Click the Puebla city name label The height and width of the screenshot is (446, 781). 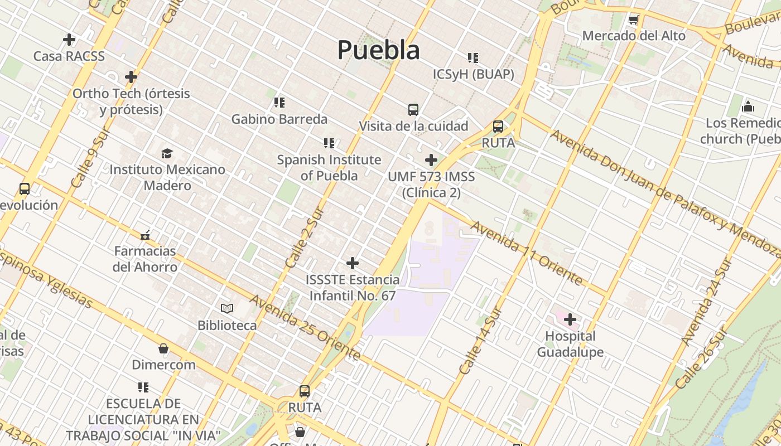click(x=378, y=50)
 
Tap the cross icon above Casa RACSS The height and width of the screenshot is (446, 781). click(x=69, y=40)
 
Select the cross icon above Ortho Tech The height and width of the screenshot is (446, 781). click(x=131, y=76)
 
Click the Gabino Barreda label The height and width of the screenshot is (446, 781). click(x=279, y=119)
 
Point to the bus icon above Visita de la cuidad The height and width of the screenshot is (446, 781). click(x=413, y=110)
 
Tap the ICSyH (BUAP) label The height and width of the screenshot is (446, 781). click(x=473, y=74)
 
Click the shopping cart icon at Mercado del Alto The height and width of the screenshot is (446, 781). click(x=633, y=20)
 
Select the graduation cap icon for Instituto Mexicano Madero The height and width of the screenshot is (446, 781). click(x=167, y=153)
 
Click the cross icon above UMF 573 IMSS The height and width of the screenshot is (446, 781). click(x=431, y=161)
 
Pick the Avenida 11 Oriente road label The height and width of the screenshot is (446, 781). click(x=527, y=253)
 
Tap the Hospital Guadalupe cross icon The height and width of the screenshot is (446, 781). click(x=570, y=320)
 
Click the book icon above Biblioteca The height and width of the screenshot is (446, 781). click(x=226, y=308)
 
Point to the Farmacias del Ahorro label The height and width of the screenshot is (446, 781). click(x=145, y=259)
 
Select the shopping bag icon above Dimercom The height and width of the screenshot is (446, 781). click(x=163, y=349)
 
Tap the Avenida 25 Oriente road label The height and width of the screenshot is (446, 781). click(x=305, y=327)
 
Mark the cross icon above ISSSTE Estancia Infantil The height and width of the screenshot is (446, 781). click(x=353, y=263)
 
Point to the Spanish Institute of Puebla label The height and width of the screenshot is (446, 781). click(x=329, y=167)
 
